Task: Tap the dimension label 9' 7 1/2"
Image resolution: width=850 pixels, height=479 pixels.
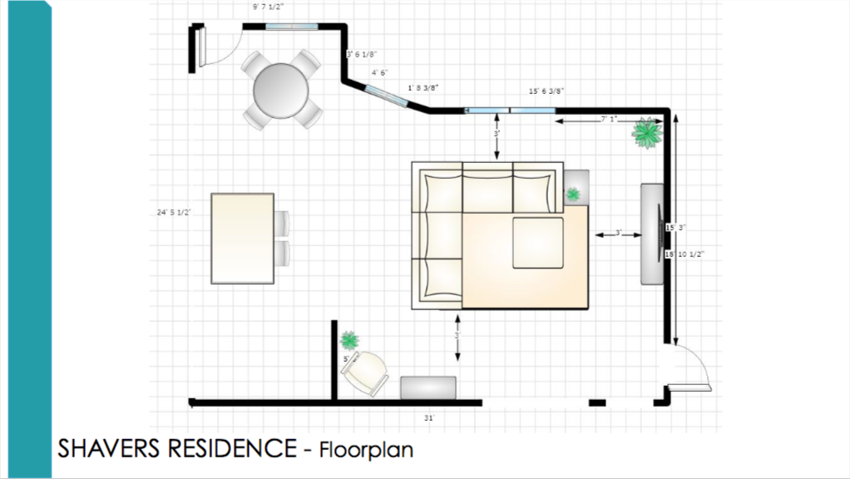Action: [270, 7]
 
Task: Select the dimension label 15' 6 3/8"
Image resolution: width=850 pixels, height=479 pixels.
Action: [546, 91]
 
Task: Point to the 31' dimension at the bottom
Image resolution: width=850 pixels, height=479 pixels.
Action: [429, 418]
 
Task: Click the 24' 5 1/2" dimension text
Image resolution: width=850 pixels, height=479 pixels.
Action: [174, 213]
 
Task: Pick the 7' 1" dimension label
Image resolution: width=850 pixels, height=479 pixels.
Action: [608, 120]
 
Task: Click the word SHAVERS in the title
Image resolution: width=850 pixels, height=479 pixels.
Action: [111, 450]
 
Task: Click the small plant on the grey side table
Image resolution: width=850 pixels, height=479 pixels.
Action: [573, 195]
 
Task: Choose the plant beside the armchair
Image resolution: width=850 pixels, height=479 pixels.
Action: [349, 339]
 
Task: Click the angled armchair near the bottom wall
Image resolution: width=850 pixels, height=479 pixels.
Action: [365, 373]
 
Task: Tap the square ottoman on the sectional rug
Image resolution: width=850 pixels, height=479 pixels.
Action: [537, 242]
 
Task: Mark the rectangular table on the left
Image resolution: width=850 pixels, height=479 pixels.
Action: [242, 238]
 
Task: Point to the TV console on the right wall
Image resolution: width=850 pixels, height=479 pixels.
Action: [651, 235]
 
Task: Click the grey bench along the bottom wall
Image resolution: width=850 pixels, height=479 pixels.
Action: [428, 388]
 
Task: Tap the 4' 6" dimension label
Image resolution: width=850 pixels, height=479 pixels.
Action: [381, 73]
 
